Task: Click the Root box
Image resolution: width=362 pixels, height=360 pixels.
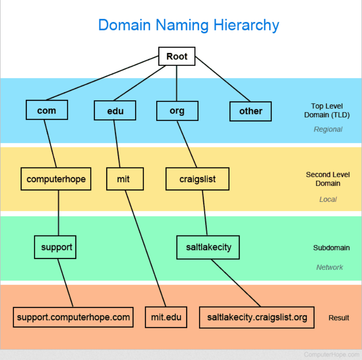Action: [x=177, y=56]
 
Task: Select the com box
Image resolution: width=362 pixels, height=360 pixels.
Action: [x=47, y=110]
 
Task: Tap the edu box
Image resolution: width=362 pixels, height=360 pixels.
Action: [x=115, y=110]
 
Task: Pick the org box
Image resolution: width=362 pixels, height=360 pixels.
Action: [x=177, y=111]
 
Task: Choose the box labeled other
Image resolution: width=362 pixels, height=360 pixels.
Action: [x=251, y=111]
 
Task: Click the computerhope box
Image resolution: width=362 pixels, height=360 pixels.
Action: [x=56, y=179]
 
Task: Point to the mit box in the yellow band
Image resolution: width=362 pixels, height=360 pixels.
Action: [x=125, y=179]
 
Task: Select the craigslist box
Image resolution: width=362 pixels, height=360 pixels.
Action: [x=197, y=179]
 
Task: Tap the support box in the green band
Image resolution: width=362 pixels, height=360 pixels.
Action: [x=55, y=247]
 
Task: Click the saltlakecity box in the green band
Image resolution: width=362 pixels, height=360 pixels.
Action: [x=208, y=247]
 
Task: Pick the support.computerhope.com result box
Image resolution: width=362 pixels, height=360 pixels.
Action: [x=73, y=317]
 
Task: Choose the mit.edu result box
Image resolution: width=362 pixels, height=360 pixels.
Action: [x=166, y=317]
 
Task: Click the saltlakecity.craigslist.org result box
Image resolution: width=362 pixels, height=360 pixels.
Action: [x=257, y=317]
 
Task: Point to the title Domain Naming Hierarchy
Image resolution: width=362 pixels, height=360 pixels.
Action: [x=188, y=25]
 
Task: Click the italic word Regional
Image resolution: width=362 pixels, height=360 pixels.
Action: [x=328, y=129]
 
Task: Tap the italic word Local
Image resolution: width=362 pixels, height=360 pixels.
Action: [x=328, y=199]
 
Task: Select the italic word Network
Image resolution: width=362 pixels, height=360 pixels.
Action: [x=329, y=267]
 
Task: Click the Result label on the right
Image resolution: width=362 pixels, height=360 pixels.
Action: [x=339, y=318]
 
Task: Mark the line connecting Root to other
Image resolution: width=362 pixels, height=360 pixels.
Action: [x=223, y=79]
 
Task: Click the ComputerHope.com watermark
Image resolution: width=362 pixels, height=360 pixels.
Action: [x=332, y=355]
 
